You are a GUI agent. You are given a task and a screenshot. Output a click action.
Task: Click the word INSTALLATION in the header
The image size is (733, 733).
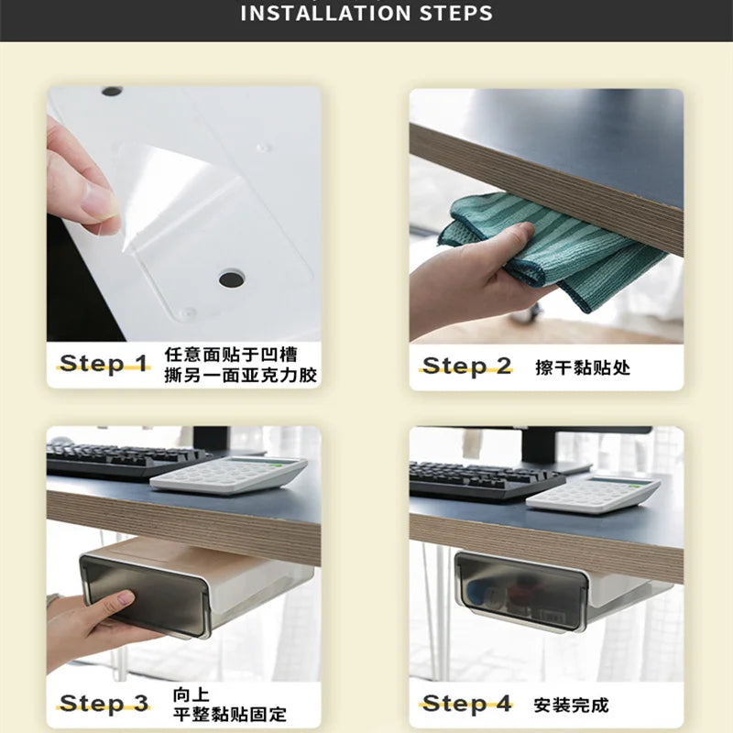326,13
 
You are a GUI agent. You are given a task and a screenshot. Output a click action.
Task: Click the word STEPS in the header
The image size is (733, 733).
456,13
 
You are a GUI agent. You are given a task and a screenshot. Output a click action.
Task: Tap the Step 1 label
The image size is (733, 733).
104,363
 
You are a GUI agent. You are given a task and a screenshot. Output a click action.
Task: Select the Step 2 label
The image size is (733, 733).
466,366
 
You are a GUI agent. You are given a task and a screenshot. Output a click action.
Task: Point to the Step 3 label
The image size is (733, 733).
104,703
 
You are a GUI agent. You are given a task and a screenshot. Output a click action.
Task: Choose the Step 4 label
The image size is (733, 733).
466,704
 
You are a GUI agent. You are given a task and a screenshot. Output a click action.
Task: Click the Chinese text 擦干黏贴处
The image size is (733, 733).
583,367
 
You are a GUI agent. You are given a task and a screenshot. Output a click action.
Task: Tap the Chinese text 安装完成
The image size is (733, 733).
571,705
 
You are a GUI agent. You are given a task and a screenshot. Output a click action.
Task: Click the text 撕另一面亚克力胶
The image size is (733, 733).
241,375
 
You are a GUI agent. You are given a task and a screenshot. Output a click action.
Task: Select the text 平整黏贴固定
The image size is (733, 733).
230,714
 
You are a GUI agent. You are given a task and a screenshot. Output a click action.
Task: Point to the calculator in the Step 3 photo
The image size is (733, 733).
228,475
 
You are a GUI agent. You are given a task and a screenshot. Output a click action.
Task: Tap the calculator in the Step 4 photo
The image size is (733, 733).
593,494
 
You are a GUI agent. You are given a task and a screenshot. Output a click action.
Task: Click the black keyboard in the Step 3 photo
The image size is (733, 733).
124,460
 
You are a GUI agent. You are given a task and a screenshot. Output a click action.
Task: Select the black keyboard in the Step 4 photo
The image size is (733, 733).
487,480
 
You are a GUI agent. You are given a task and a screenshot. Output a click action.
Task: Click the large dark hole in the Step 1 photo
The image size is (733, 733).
232,279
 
